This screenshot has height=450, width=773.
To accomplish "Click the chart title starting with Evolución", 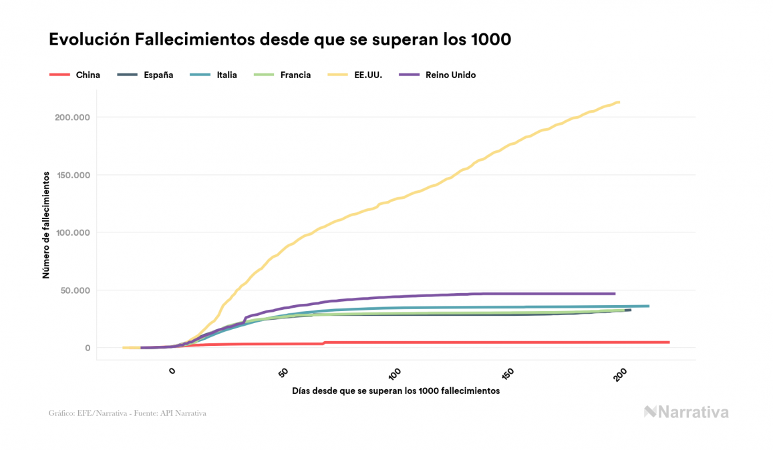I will point(280,40).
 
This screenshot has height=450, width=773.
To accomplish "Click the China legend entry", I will point(88,75).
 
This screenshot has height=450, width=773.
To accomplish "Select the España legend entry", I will point(158,75).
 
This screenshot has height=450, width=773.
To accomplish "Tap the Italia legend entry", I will point(226,75).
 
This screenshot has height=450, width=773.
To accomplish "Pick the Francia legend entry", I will point(295,75).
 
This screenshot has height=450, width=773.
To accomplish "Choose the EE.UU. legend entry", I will point(367,75).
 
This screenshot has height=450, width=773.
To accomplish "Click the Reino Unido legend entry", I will point(450,75).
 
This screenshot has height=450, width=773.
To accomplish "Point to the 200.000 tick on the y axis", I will point(71,118).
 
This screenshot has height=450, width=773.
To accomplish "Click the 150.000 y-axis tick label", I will point(71,175).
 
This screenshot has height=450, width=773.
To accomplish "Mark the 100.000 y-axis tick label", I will point(71,233).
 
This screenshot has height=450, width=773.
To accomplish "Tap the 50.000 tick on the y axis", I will point(74,290).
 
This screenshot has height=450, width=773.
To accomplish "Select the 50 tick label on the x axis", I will point(283,372).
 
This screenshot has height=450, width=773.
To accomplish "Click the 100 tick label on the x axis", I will point(394,373).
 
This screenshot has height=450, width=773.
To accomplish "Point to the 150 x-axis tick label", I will point(507,373).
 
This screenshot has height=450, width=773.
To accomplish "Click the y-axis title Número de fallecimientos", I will point(46,224).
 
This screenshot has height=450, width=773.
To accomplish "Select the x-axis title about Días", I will point(396,391).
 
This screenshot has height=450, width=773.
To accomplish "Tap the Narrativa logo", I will point(686,412).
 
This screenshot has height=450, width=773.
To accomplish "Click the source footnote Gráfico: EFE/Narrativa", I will point(128,413).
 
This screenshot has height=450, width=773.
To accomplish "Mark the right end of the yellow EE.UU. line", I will point(619,102).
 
